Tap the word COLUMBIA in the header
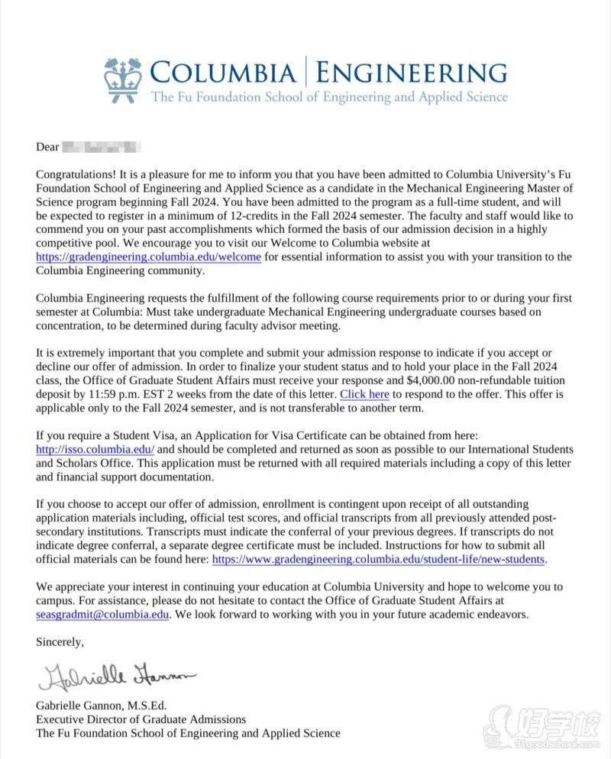(222, 74)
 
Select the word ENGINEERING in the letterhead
(411, 74)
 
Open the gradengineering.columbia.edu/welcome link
(148, 257)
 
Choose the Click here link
(364, 394)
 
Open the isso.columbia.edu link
(95, 449)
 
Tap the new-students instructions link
(378, 559)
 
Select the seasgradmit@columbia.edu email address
(102, 614)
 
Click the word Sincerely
(60, 642)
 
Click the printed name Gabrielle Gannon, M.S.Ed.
(101, 705)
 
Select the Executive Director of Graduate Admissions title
(141, 719)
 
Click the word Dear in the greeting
(47, 147)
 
